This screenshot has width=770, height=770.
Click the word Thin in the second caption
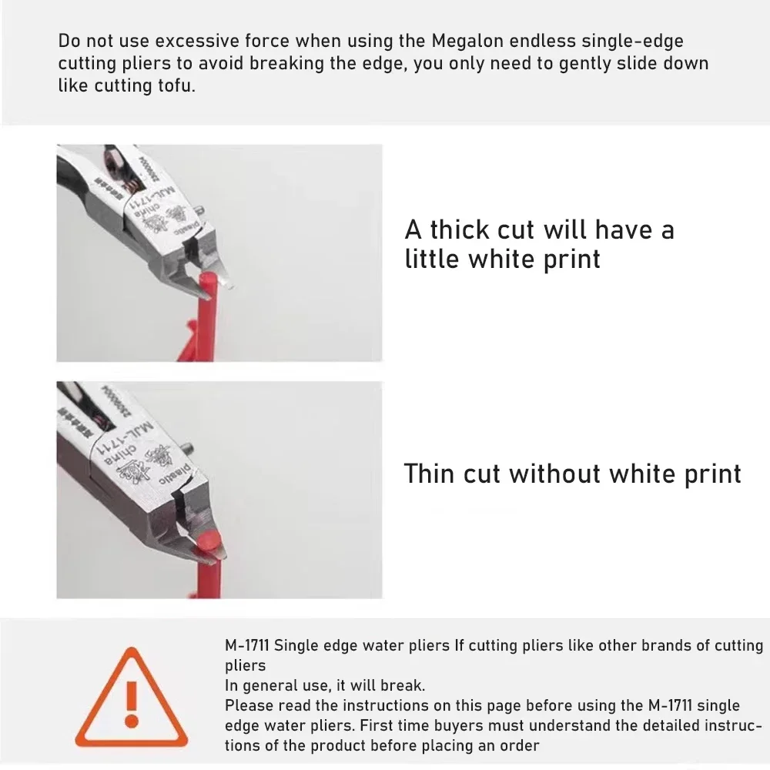click(429, 474)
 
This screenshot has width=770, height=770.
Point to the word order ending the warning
click(521, 745)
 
